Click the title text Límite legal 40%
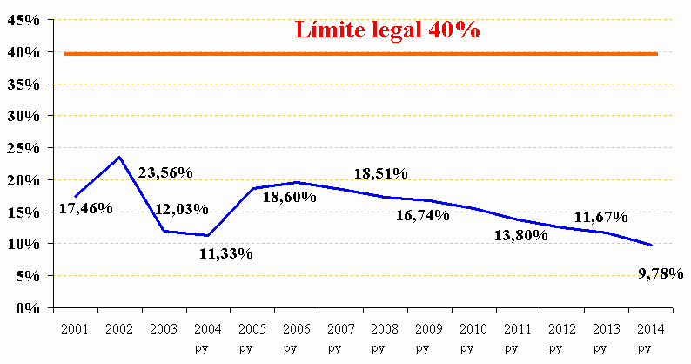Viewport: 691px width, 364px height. pos(388,30)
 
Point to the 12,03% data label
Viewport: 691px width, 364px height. pos(182,209)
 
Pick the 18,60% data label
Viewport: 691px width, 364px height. pos(290,197)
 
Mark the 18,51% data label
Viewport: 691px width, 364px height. pos(380,174)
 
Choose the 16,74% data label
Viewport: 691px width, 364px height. pos(423,215)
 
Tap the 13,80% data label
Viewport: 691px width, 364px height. pos(520,234)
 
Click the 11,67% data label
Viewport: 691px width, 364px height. pos(601,217)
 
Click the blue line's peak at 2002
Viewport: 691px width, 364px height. pos(119,158)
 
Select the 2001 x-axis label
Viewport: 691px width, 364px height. pos(75,329)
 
